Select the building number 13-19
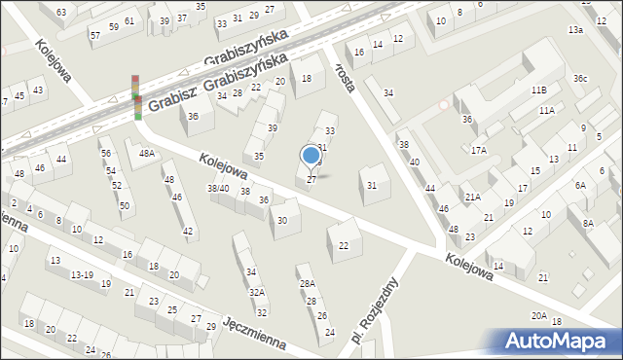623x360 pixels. coord(83,275)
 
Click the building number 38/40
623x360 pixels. coord(218,189)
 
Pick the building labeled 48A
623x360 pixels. coord(146,154)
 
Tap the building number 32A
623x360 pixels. coord(257,293)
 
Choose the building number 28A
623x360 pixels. coord(307,284)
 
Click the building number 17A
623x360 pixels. coord(478,150)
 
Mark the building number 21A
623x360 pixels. coord(472,198)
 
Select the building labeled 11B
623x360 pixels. coord(538,90)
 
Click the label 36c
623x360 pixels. coord(580,79)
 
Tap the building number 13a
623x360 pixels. coord(576,31)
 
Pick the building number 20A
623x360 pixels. coord(538,316)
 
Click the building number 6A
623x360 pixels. coord(580,185)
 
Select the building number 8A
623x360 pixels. coord(588,224)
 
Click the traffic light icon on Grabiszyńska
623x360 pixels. coord(137,97)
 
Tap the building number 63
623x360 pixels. coord(61,12)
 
